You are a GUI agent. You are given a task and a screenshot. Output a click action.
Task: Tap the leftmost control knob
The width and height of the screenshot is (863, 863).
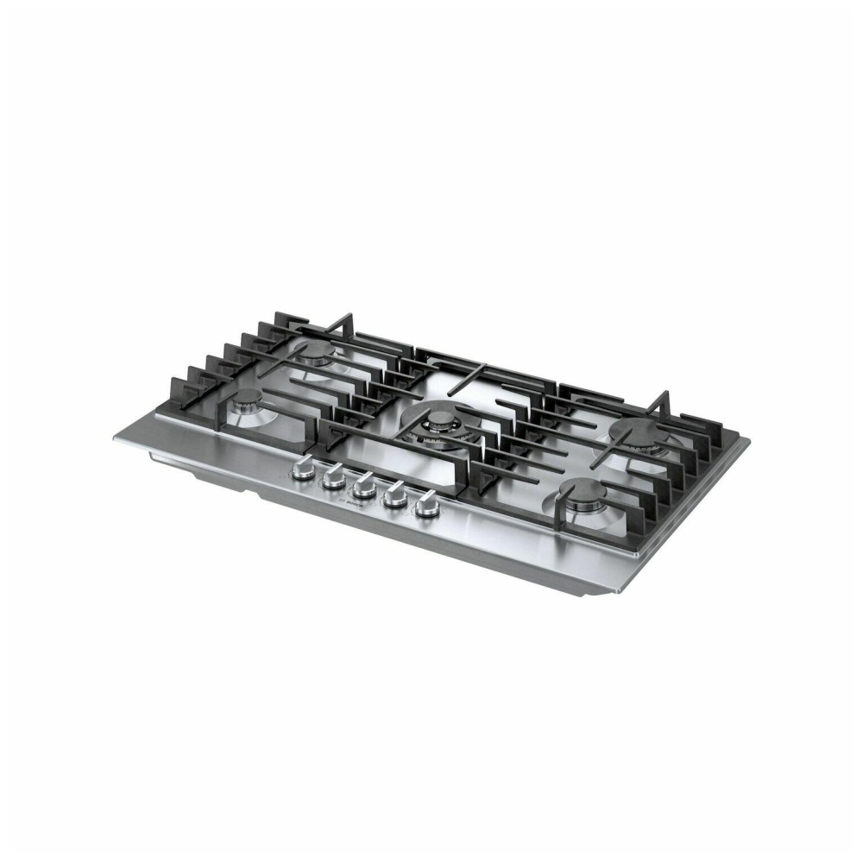click(303, 469)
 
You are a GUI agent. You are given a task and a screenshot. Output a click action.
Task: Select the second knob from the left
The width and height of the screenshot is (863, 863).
click(332, 479)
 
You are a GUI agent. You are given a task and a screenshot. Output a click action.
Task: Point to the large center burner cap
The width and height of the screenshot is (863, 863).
click(440, 421)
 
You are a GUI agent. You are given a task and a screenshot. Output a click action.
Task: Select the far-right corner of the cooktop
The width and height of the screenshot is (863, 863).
click(747, 442)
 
